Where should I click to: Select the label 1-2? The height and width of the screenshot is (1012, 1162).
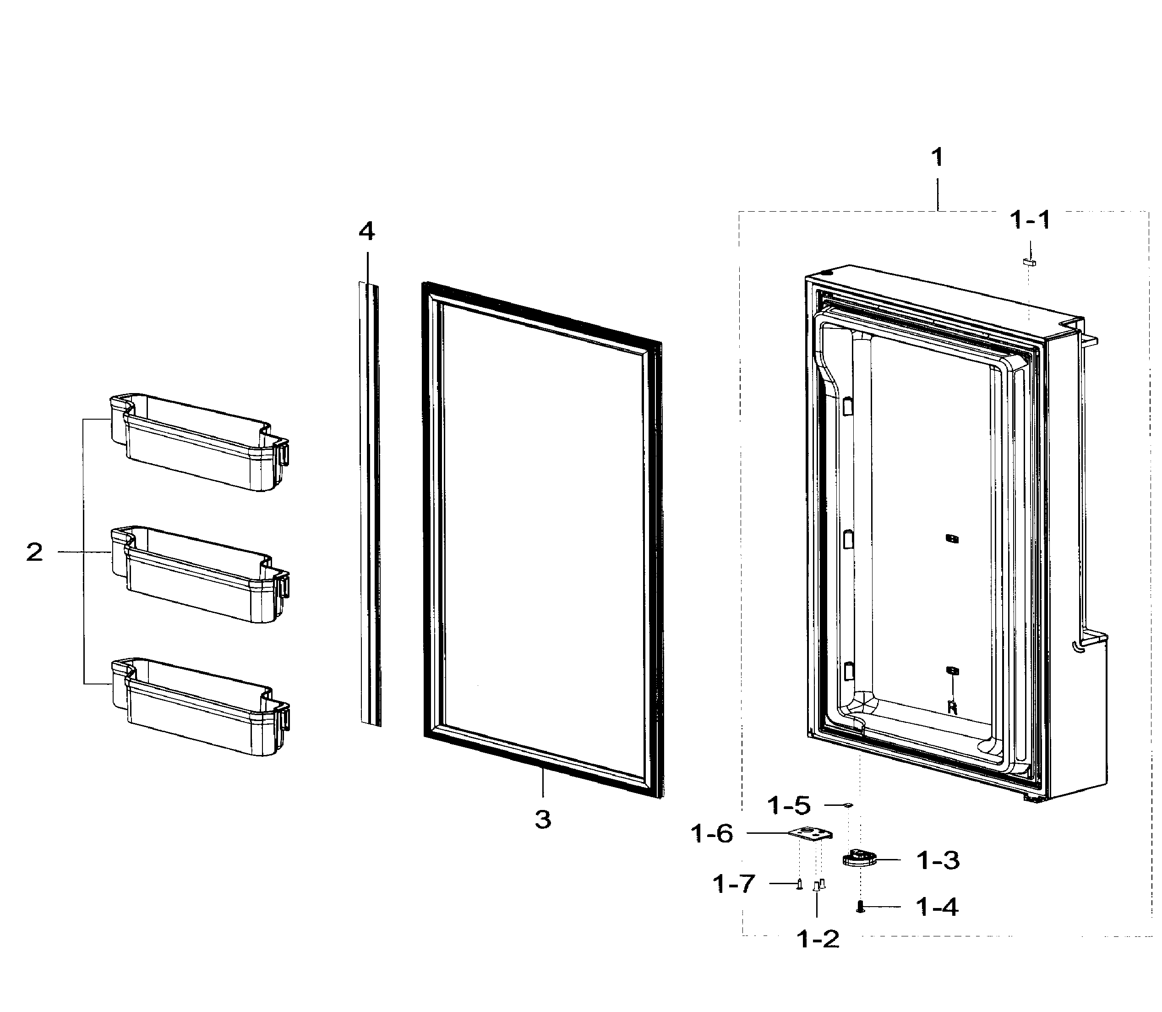pos(817,939)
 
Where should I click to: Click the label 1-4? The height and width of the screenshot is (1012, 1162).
pos(937,907)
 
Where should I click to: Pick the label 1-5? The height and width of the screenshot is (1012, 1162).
pos(789,805)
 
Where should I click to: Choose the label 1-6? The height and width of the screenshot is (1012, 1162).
pos(712,833)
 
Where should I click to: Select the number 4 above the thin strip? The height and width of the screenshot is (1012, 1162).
pos(366,230)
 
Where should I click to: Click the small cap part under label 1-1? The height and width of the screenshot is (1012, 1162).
pos(1029,262)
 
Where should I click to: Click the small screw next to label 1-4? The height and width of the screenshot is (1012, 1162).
pos(860,907)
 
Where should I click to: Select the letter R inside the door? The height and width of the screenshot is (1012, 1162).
pos(952,708)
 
